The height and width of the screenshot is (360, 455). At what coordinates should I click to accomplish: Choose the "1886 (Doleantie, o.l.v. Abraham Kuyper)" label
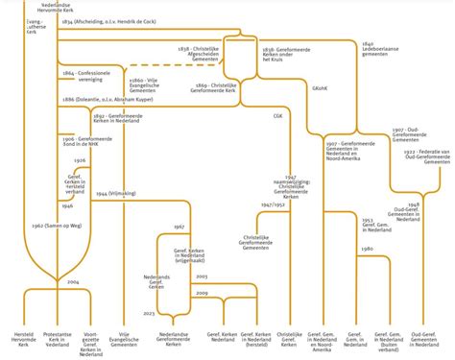(x=108, y=99)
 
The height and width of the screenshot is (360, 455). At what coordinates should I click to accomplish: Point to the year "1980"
(x=368, y=249)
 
